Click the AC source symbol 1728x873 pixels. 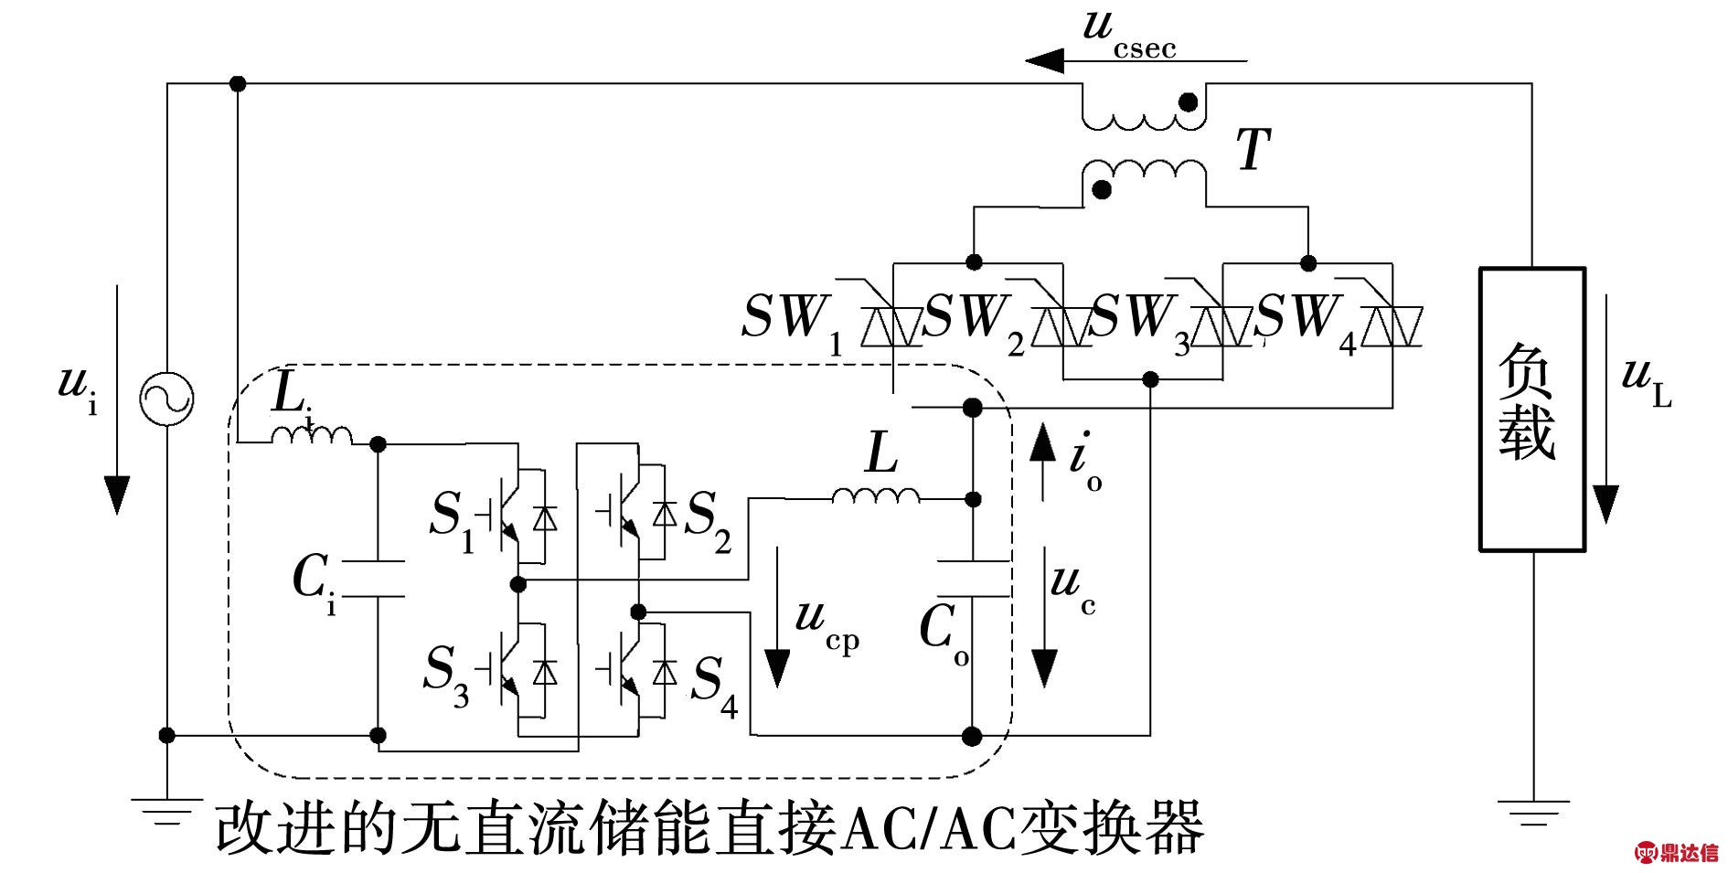166,399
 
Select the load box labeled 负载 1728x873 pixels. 1531,409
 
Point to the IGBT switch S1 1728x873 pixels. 512,517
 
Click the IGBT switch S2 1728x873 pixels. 631,516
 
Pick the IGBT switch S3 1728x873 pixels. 512,673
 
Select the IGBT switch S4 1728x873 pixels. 631,673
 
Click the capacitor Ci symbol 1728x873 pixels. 378,578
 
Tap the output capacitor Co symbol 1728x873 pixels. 973,578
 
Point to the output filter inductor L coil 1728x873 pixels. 876,495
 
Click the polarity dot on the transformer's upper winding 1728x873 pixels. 1189,101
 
